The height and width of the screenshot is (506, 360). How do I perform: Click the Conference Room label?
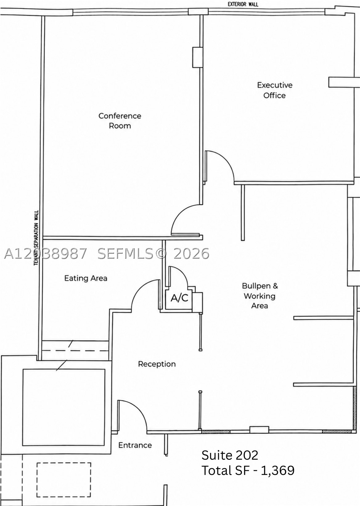[x=120, y=121]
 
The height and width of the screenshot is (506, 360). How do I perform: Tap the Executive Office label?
[x=275, y=90]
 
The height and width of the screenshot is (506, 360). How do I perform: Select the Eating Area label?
[x=86, y=278]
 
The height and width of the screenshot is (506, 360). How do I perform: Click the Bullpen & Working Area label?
[x=260, y=296]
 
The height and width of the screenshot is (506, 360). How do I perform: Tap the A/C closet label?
[x=179, y=298]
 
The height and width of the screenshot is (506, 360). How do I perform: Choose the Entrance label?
[x=135, y=445]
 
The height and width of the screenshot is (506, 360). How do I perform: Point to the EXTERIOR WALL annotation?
[x=243, y=4]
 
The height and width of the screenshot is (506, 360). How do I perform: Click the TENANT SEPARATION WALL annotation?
[x=36, y=238]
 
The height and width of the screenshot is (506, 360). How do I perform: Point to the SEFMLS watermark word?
[x=125, y=253]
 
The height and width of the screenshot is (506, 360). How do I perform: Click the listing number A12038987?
[x=45, y=253]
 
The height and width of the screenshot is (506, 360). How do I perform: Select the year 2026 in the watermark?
[x=191, y=253]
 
